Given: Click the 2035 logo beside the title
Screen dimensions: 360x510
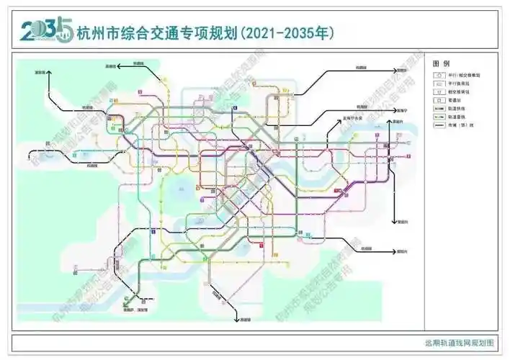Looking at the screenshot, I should [45, 30].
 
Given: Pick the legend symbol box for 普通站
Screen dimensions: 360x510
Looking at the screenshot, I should [437, 101].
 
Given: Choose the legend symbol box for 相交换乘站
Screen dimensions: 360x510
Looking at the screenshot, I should [437, 92].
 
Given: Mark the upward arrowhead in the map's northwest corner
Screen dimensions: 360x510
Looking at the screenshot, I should [50, 76].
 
